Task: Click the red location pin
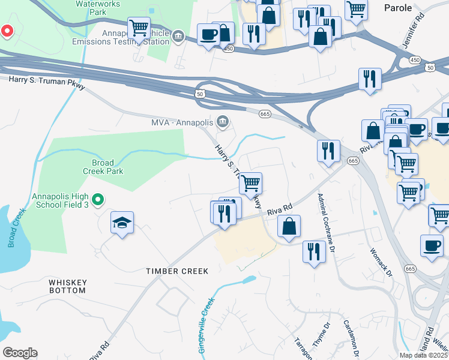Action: [7, 30]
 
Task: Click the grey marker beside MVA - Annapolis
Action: [222, 122]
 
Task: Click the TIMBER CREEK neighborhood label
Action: [178, 271]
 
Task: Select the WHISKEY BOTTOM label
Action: [68, 286]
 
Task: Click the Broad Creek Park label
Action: [107, 167]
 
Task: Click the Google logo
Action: [20, 353]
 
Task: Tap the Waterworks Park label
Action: [98, 8]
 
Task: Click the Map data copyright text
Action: [423, 355]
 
